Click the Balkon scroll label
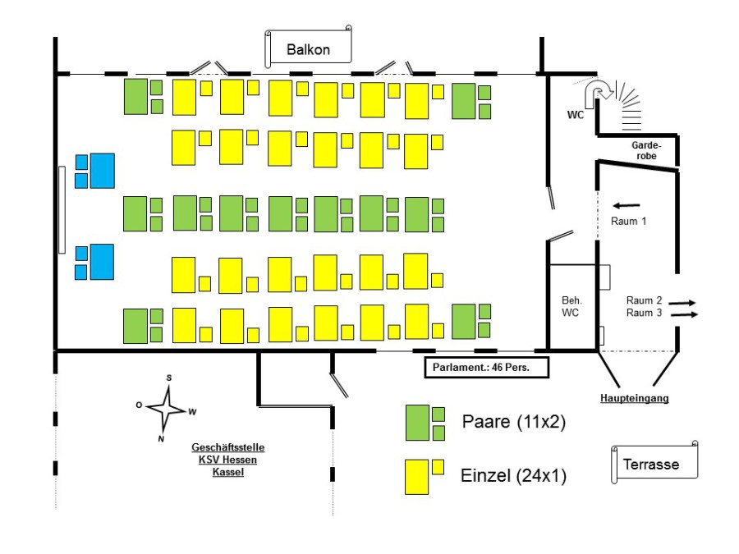coord(308,49)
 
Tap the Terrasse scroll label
coord(656,464)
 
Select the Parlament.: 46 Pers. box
coord(486,367)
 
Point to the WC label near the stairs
coord(575,115)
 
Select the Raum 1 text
coord(629,222)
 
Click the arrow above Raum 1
coord(627,205)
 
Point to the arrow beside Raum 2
coord(682,303)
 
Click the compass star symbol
coord(168,407)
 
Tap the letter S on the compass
coord(169,378)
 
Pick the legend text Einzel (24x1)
coord(515,475)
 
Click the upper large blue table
coord(102,170)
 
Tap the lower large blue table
coord(102,261)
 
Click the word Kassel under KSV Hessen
coord(228,472)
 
